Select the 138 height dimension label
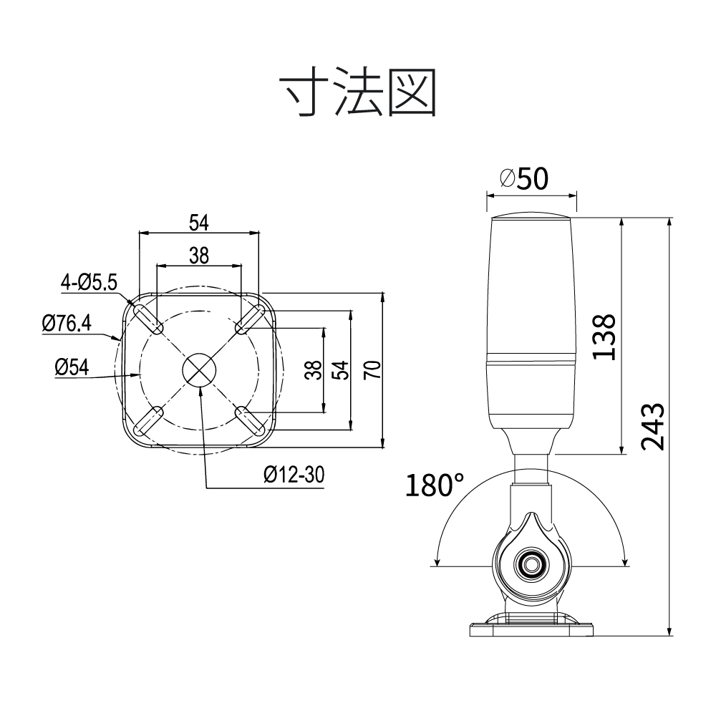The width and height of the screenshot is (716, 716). (x=604, y=337)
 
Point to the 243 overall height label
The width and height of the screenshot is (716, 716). (x=652, y=427)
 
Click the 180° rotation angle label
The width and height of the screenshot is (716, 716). (x=434, y=485)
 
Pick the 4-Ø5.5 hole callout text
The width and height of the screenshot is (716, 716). (x=89, y=282)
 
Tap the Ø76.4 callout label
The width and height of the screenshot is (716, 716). (x=67, y=324)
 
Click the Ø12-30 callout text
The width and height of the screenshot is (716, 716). (x=294, y=475)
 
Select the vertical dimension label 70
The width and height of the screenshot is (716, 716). (x=372, y=370)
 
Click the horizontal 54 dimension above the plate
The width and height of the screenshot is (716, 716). (x=199, y=223)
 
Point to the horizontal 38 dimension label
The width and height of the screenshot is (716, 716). (x=199, y=256)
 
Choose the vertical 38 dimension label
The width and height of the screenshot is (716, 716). (x=314, y=370)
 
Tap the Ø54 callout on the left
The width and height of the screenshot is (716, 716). (x=72, y=367)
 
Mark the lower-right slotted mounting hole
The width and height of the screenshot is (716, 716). (x=250, y=420)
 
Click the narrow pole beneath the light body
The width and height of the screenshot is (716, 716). (x=531, y=469)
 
